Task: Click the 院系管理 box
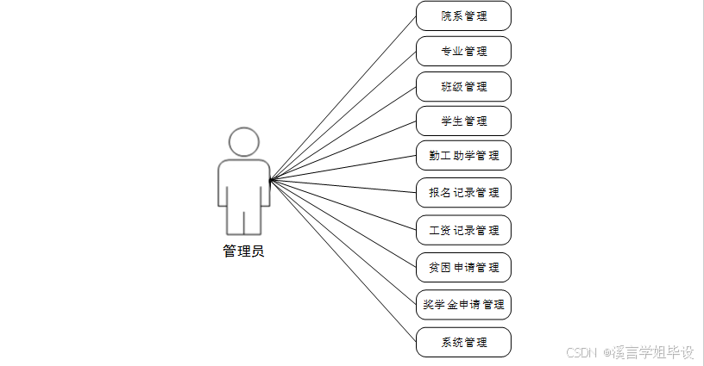click(463, 16)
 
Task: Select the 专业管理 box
click(463, 51)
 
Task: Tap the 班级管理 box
click(463, 86)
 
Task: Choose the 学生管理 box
click(463, 121)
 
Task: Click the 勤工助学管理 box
click(463, 156)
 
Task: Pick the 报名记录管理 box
click(463, 192)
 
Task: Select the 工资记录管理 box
click(463, 230)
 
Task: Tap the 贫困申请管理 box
click(463, 267)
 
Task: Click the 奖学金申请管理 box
click(463, 304)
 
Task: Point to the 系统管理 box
click(463, 342)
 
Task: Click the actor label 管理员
click(243, 251)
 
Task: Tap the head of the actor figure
click(243, 142)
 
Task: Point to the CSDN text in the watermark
click(582, 353)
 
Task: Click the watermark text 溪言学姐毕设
click(654, 353)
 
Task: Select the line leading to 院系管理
click(343, 98)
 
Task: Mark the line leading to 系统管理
click(343, 261)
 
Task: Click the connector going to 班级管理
click(343, 133)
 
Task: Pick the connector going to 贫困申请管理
click(343, 224)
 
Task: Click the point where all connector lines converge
click(270, 180)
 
